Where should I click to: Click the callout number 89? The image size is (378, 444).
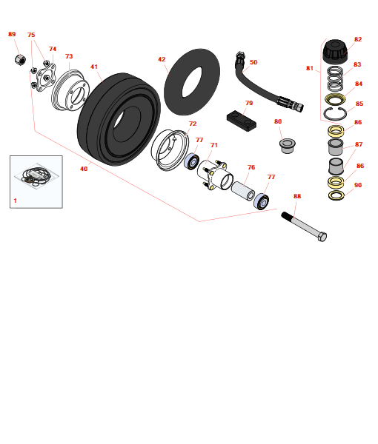pos(12,34)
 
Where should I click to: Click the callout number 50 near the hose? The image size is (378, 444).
pos(253,62)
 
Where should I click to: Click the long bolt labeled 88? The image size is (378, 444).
pos(304,226)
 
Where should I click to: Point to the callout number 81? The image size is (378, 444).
pos(310,68)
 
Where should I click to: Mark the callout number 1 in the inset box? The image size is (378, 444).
pos(15,201)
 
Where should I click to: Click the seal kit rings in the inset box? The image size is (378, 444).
pos(35,176)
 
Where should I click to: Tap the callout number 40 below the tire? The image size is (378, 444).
pos(84,169)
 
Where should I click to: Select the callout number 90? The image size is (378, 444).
pos(358,185)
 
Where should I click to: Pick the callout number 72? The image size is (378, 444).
pos(193,124)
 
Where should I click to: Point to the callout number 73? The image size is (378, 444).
pos(69,56)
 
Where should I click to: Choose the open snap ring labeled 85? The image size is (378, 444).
pos(334,113)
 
